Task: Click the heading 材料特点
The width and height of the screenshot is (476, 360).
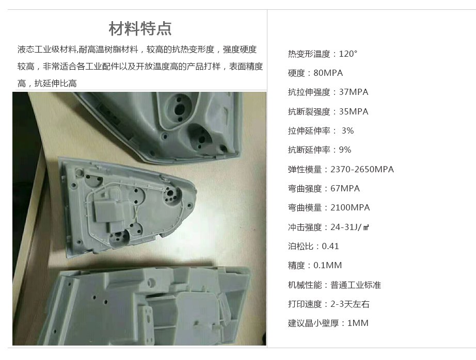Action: [140, 28]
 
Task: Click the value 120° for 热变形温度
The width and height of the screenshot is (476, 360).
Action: [348, 54]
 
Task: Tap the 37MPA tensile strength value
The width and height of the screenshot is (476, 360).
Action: [354, 92]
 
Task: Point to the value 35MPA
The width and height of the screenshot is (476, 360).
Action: [354, 111]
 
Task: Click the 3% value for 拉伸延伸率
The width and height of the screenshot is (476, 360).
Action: [347, 130]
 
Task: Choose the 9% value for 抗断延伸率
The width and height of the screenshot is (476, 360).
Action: [345, 150]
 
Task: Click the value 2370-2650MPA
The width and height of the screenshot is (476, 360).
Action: [362, 169]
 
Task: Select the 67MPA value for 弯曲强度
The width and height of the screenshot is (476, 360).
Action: [345, 188]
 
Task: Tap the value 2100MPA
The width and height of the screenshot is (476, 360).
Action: [351, 208]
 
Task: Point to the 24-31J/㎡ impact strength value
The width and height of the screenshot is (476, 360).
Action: [350, 227]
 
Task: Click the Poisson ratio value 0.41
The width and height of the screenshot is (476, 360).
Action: [330, 246]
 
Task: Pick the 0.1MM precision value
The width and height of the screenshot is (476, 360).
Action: [327, 266]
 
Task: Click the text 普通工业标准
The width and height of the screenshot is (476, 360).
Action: [356, 285]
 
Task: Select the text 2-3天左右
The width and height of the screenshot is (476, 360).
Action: [350, 304]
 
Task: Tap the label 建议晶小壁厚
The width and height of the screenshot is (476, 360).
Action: [313, 323]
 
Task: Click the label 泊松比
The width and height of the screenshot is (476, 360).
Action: [300, 246]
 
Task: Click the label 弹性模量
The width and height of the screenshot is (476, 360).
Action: [305, 169]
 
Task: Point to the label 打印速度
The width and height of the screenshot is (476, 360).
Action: [305, 304]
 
